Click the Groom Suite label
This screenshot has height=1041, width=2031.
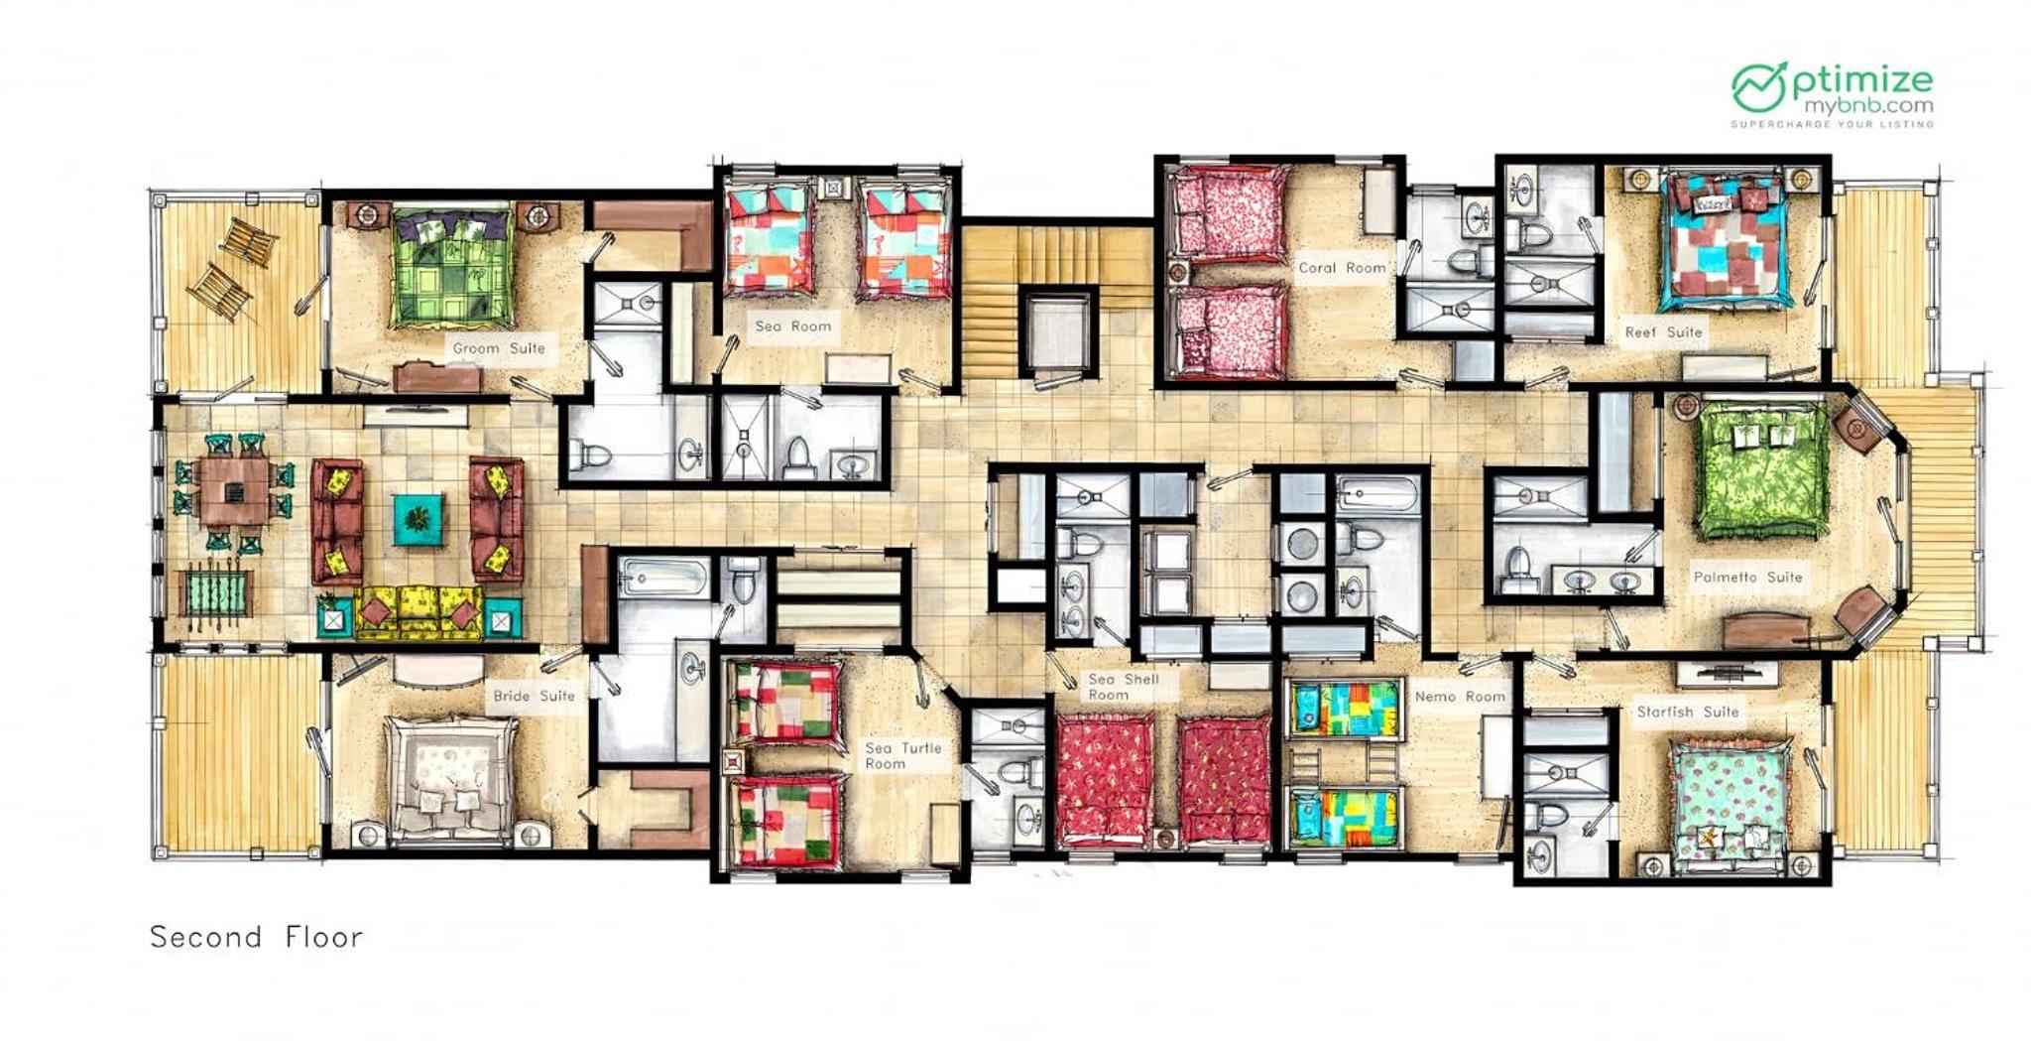point(499,348)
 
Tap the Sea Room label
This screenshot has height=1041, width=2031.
point(793,325)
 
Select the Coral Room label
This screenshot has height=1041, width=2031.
point(1342,268)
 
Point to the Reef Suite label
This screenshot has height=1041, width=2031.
point(1663,332)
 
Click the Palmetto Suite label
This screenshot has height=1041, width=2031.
point(1747,577)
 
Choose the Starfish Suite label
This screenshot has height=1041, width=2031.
point(1688,712)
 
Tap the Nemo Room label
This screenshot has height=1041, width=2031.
point(1460,697)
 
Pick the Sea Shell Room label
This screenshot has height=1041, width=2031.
point(1124,687)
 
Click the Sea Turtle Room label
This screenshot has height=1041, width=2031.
point(902,755)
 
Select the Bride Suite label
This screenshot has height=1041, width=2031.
point(535,696)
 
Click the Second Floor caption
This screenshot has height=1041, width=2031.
point(257,937)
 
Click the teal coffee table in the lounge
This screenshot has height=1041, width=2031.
point(418,520)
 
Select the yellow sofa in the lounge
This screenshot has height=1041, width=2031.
point(418,613)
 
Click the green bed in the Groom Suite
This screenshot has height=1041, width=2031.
point(452,265)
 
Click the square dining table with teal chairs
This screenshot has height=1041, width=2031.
point(233,492)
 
